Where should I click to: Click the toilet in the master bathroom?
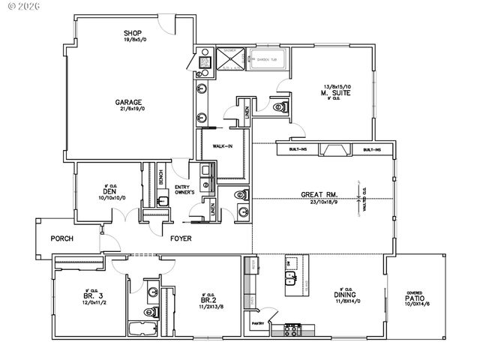(x=280, y=107)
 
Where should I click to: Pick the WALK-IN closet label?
(x=223, y=146)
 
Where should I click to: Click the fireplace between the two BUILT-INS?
(x=334, y=150)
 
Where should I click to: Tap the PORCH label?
(x=61, y=238)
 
